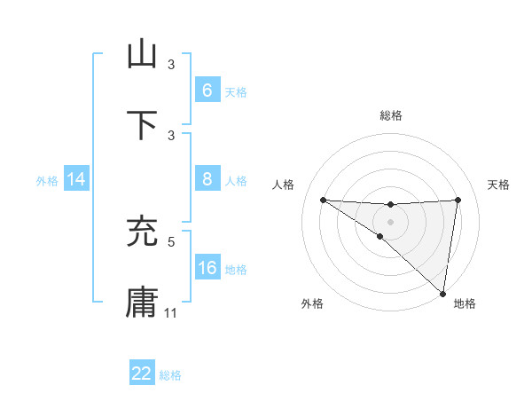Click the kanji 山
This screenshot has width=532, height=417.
(142, 55)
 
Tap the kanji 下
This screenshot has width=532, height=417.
(142, 125)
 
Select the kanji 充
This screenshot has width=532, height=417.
(142, 232)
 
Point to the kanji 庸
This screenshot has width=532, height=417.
(142, 303)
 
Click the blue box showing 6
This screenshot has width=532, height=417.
(207, 90)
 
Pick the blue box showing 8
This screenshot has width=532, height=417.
(207, 179)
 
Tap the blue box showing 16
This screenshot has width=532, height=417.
(207, 267)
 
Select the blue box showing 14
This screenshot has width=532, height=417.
(76, 179)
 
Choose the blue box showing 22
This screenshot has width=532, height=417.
(142, 374)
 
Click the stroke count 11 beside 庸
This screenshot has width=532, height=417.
(171, 312)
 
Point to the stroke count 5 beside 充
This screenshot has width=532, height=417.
(171, 240)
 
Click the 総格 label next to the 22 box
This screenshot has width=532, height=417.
(170, 375)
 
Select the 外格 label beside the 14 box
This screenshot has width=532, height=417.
(47, 180)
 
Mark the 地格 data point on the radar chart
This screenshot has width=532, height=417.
(442, 294)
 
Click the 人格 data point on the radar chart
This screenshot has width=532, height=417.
(323, 200)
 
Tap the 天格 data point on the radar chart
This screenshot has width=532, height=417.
(458, 200)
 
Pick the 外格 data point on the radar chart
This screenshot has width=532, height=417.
(379, 236)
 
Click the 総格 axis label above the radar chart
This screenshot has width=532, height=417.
(391, 115)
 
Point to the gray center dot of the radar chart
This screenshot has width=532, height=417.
(391, 221)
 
